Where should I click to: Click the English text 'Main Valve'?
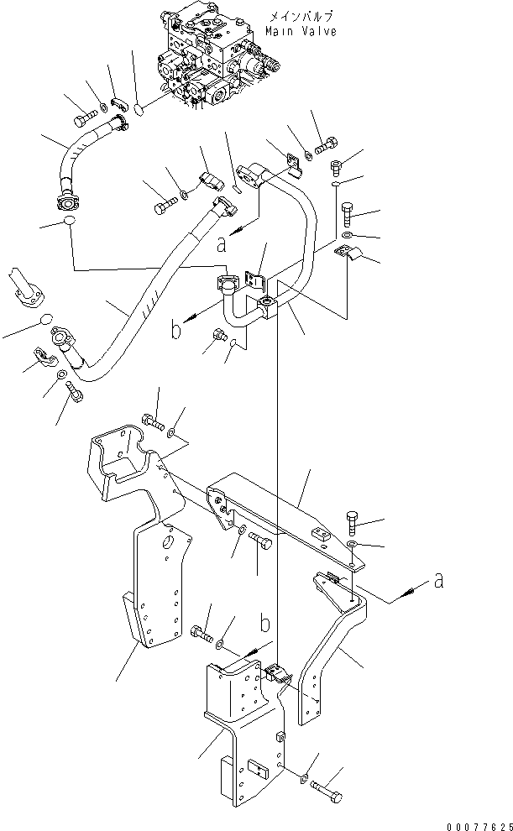click(301, 31)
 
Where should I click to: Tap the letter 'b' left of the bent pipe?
click(176, 330)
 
